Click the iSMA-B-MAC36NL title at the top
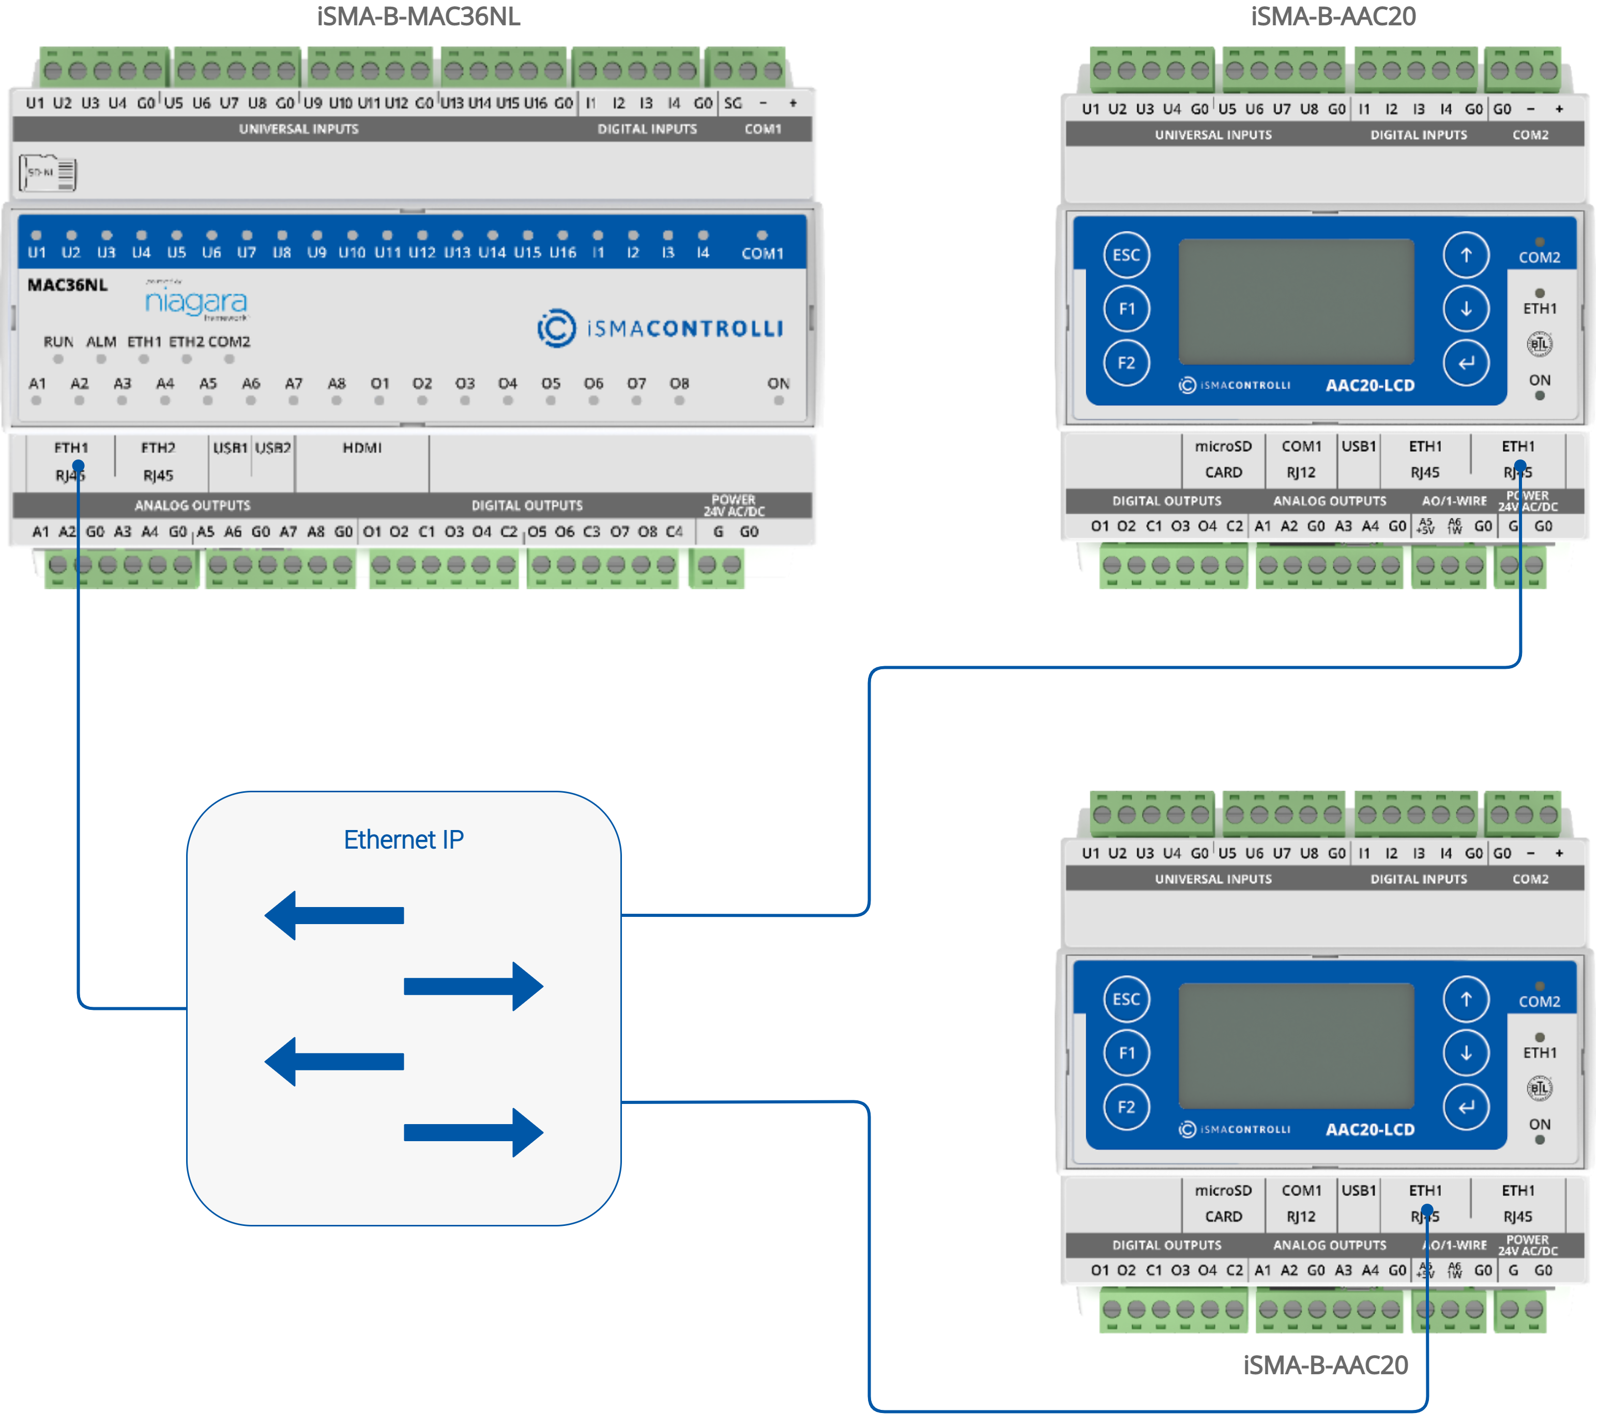coord(418,17)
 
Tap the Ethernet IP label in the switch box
coord(403,839)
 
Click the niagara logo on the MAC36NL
coord(196,302)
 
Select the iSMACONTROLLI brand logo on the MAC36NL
coord(661,328)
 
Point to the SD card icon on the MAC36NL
coord(49,173)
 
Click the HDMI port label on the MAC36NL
coord(362,448)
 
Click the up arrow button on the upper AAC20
coord(1466,255)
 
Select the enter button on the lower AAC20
coord(1466,1107)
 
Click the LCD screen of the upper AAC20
coord(1296,302)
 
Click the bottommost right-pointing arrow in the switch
coord(474,1132)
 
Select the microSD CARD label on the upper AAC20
coord(1223,459)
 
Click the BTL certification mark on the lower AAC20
coord(1540,1088)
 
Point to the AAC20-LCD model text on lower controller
coord(1370,1130)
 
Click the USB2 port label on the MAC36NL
coord(273,448)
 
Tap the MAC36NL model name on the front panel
coord(68,285)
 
